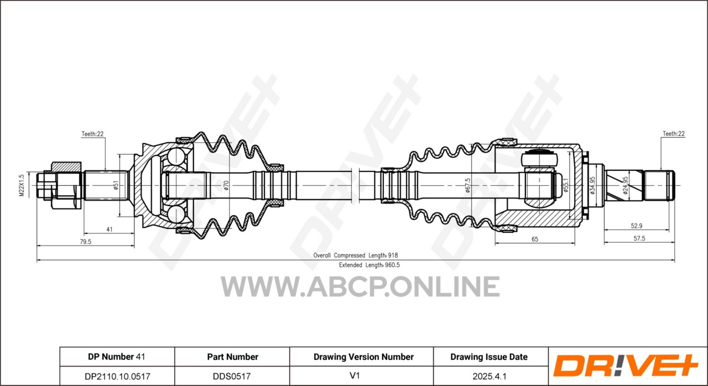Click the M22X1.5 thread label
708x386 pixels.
(22, 185)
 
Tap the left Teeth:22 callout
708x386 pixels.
(92, 134)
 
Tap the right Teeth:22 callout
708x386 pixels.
(674, 134)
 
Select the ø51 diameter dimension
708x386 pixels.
(116, 185)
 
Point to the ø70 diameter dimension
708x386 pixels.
(226, 185)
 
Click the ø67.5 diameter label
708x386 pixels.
(468, 185)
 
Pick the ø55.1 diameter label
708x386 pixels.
(566, 185)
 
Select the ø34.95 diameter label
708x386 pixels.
(592, 185)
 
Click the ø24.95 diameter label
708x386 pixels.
(626, 185)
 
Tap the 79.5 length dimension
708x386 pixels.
(85, 242)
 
